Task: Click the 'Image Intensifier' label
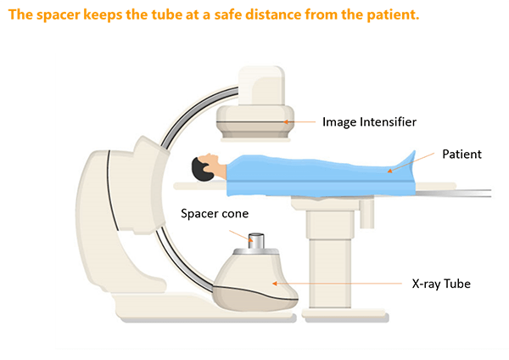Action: click(x=369, y=122)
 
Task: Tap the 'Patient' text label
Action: click(x=462, y=154)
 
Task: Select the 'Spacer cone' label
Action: click(x=215, y=213)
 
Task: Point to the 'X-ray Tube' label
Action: click(x=441, y=284)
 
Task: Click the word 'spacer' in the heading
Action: click(x=58, y=15)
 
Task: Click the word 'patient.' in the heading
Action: click(x=393, y=15)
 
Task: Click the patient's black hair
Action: click(x=201, y=170)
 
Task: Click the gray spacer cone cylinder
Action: click(x=256, y=241)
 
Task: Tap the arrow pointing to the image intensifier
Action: click(x=299, y=122)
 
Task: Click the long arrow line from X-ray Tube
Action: click(x=337, y=284)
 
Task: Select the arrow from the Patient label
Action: click(x=411, y=162)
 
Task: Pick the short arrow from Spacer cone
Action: click(x=241, y=236)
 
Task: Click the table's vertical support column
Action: click(x=330, y=258)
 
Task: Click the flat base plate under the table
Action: click(x=345, y=313)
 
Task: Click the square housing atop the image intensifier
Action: click(x=261, y=86)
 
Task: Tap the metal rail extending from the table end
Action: click(x=453, y=194)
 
